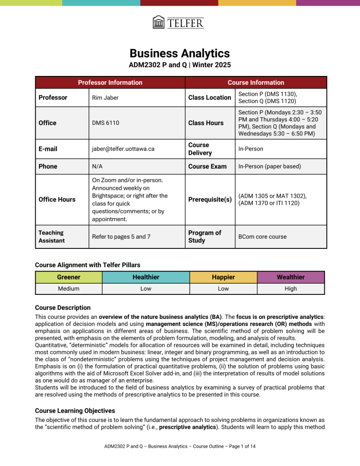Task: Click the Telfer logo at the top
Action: tap(178, 22)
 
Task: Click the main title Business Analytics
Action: tap(180, 53)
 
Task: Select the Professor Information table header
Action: tap(110, 83)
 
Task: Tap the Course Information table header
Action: tap(255, 83)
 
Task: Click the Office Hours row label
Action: tap(57, 199)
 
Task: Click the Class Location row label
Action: tap(210, 98)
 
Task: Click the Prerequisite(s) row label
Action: tap(210, 199)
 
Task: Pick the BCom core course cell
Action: tap(262, 237)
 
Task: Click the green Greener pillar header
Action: tap(68, 277)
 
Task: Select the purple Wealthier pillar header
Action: tap(291, 277)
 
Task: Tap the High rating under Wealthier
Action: tap(291, 289)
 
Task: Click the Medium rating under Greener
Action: tap(68, 289)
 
